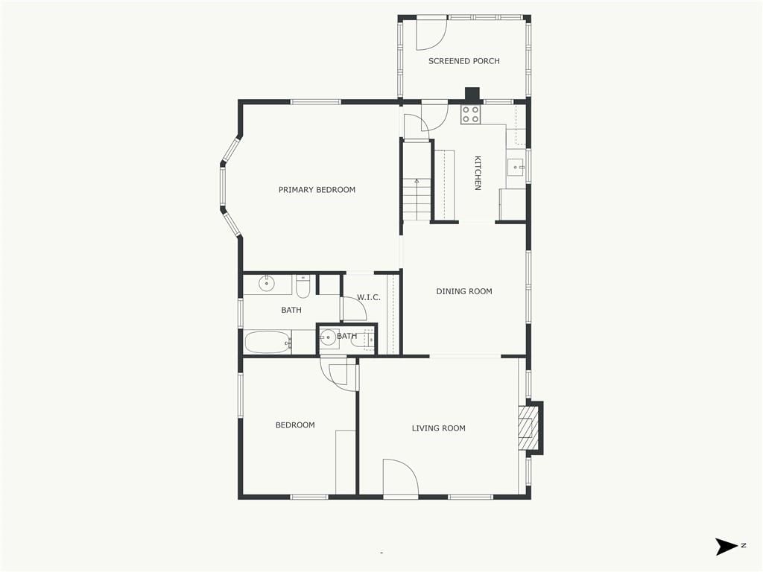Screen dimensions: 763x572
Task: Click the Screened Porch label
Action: coord(463,61)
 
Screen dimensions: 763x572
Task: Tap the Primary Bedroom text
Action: coord(317,190)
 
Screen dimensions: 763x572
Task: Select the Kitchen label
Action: coord(478,173)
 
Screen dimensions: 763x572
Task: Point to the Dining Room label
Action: coord(463,291)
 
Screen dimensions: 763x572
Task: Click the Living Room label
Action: coord(438,428)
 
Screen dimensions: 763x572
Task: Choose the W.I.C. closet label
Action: coord(369,297)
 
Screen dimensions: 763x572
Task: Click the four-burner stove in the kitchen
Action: coord(471,114)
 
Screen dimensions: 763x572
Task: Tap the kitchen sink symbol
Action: coord(516,168)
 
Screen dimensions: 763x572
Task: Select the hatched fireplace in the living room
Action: coord(527,428)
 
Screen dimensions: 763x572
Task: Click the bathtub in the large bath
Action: coord(267,342)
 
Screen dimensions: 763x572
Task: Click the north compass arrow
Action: coord(727,546)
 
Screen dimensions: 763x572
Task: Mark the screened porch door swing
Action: coord(432,34)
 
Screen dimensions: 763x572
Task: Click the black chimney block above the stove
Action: coord(472,95)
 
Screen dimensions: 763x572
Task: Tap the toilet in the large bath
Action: coord(303,287)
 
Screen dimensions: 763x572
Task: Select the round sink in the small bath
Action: coord(329,337)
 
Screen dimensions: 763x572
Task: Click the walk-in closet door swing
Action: coord(354,308)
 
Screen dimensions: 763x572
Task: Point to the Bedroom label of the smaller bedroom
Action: coord(295,425)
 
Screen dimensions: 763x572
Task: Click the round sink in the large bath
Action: coord(267,283)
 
